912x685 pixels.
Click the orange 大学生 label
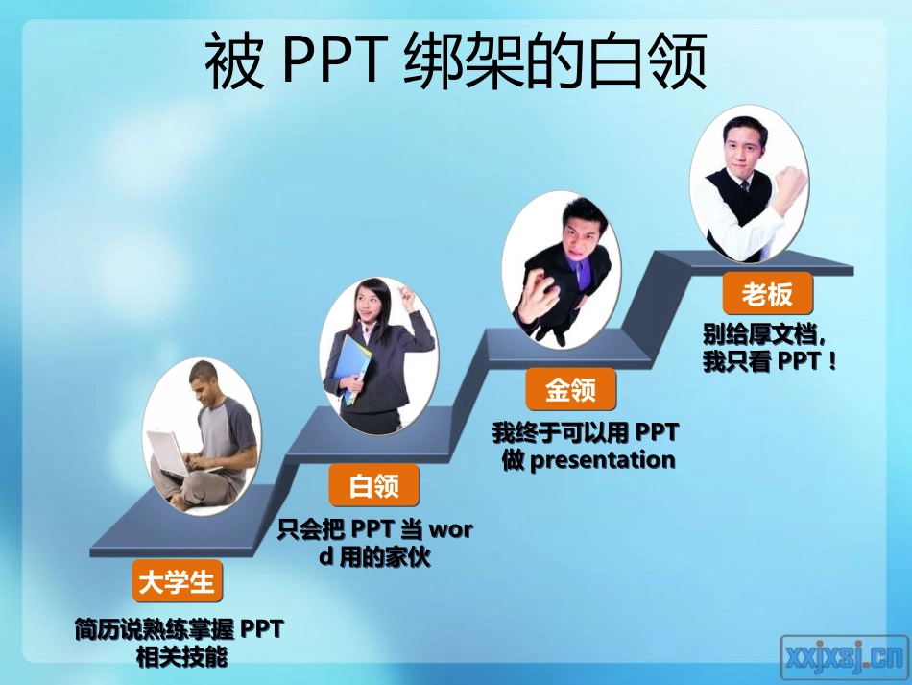click(x=178, y=581)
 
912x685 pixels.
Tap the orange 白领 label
click(x=373, y=485)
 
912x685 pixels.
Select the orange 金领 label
click(x=570, y=389)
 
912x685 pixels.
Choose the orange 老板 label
click(x=767, y=292)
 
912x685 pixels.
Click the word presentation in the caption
click(x=603, y=459)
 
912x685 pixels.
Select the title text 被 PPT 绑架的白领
click(x=456, y=63)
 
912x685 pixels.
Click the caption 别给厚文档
click(x=763, y=335)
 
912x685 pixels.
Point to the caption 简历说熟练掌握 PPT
click(x=180, y=630)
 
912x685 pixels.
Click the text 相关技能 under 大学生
click(x=180, y=657)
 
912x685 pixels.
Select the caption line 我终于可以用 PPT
click(x=586, y=432)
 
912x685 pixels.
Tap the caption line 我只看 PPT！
click(x=771, y=362)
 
